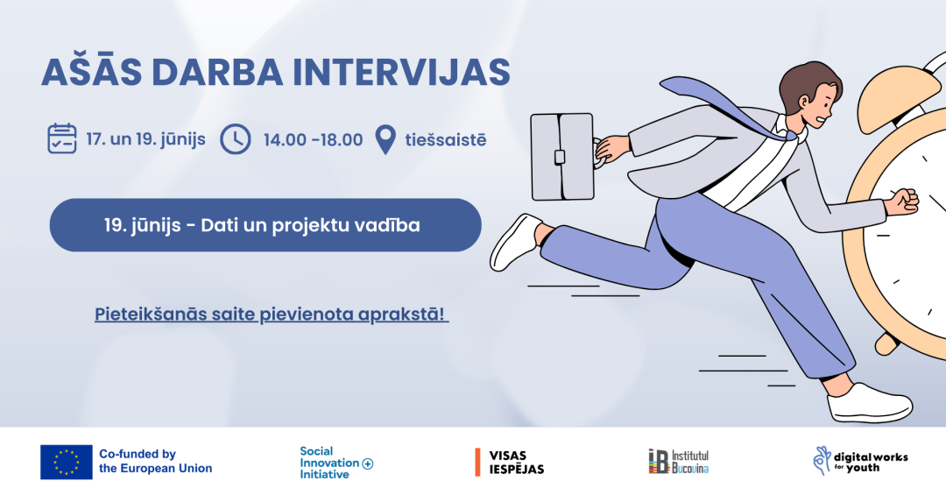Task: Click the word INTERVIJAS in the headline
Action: (x=402, y=72)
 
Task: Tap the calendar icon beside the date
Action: (x=62, y=138)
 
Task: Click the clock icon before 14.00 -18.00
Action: (x=236, y=139)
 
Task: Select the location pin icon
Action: (x=385, y=139)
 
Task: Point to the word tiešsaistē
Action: (x=445, y=140)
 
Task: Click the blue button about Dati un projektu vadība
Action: (x=265, y=225)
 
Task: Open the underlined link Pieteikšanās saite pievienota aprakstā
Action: (x=272, y=315)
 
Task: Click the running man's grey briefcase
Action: (x=561, y=156)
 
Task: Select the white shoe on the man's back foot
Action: (x=515, y=242)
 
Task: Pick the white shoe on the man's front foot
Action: (x=870, y=403)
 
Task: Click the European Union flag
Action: (x=67, y=463)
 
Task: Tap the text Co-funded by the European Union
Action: (x=156, y=461)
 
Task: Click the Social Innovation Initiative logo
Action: (x=336, y=463)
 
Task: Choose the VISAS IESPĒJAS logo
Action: (x=510, y=463)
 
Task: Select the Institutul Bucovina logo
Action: (x=679, y=462)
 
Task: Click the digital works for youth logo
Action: (x=860, y=462)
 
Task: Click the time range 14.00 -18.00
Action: (x=313, y=140)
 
